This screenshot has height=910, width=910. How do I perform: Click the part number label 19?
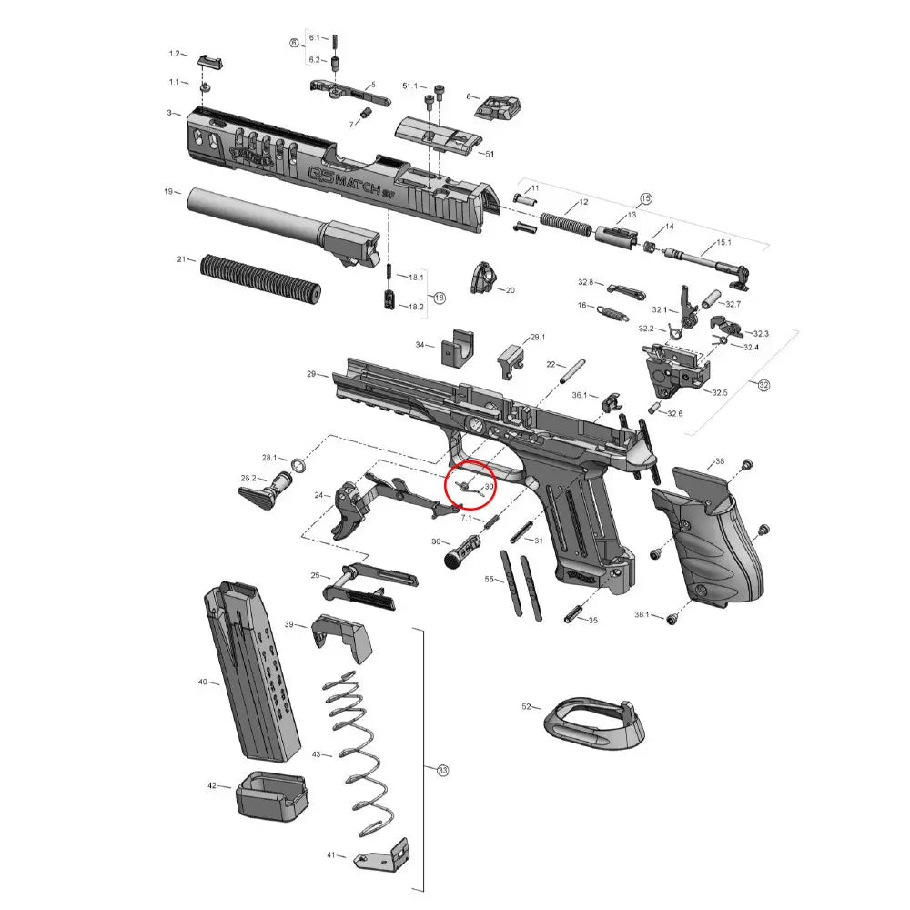[x=168, y=192]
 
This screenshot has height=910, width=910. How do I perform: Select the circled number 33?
[x=443, y=771]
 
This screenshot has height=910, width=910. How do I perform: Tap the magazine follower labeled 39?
[x=343, y=638]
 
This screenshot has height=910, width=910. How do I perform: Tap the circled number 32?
[x=763, y=385]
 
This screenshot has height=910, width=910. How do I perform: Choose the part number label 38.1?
[x=642, y=615]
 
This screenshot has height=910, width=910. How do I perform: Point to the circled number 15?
[x=647, y=198]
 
